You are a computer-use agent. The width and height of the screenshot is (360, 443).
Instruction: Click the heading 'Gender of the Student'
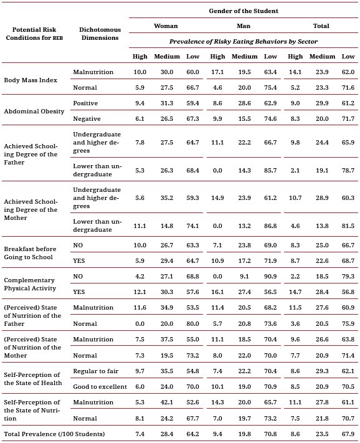[x=243, y=11]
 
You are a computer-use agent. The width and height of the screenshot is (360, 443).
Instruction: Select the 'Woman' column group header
[x=166, y=26]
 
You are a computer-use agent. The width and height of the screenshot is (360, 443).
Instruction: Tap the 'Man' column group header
[x=243, y=26]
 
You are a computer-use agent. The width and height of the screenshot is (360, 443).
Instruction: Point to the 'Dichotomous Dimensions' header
[x=99, y=33]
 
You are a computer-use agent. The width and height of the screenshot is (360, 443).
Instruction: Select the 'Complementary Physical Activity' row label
[x=30, y=284]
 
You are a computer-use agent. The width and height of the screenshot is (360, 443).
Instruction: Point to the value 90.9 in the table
[x=270, y=276]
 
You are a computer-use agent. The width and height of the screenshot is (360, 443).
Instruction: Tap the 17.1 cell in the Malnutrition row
[x=217, y=72]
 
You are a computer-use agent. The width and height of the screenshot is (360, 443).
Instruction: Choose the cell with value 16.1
[x=217, y=292]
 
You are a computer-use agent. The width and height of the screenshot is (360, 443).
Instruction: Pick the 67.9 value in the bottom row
[x=348, y=432]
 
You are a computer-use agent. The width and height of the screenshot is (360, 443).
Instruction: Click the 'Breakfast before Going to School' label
[x=32, y=253]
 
